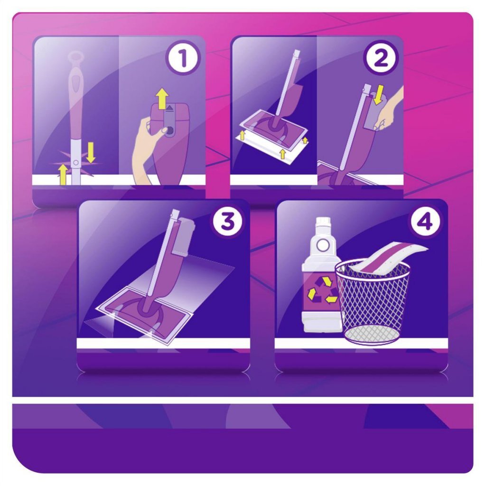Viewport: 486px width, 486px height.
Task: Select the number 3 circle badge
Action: pos(227,222)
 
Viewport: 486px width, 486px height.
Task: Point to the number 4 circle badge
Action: pos(425,222)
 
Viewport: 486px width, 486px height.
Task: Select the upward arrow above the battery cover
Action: pos(163,99)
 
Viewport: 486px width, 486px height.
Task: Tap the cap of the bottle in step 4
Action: pos(323,223)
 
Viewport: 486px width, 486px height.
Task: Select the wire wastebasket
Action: pos(373,304)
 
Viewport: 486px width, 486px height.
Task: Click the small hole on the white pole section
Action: pos(75,163)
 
